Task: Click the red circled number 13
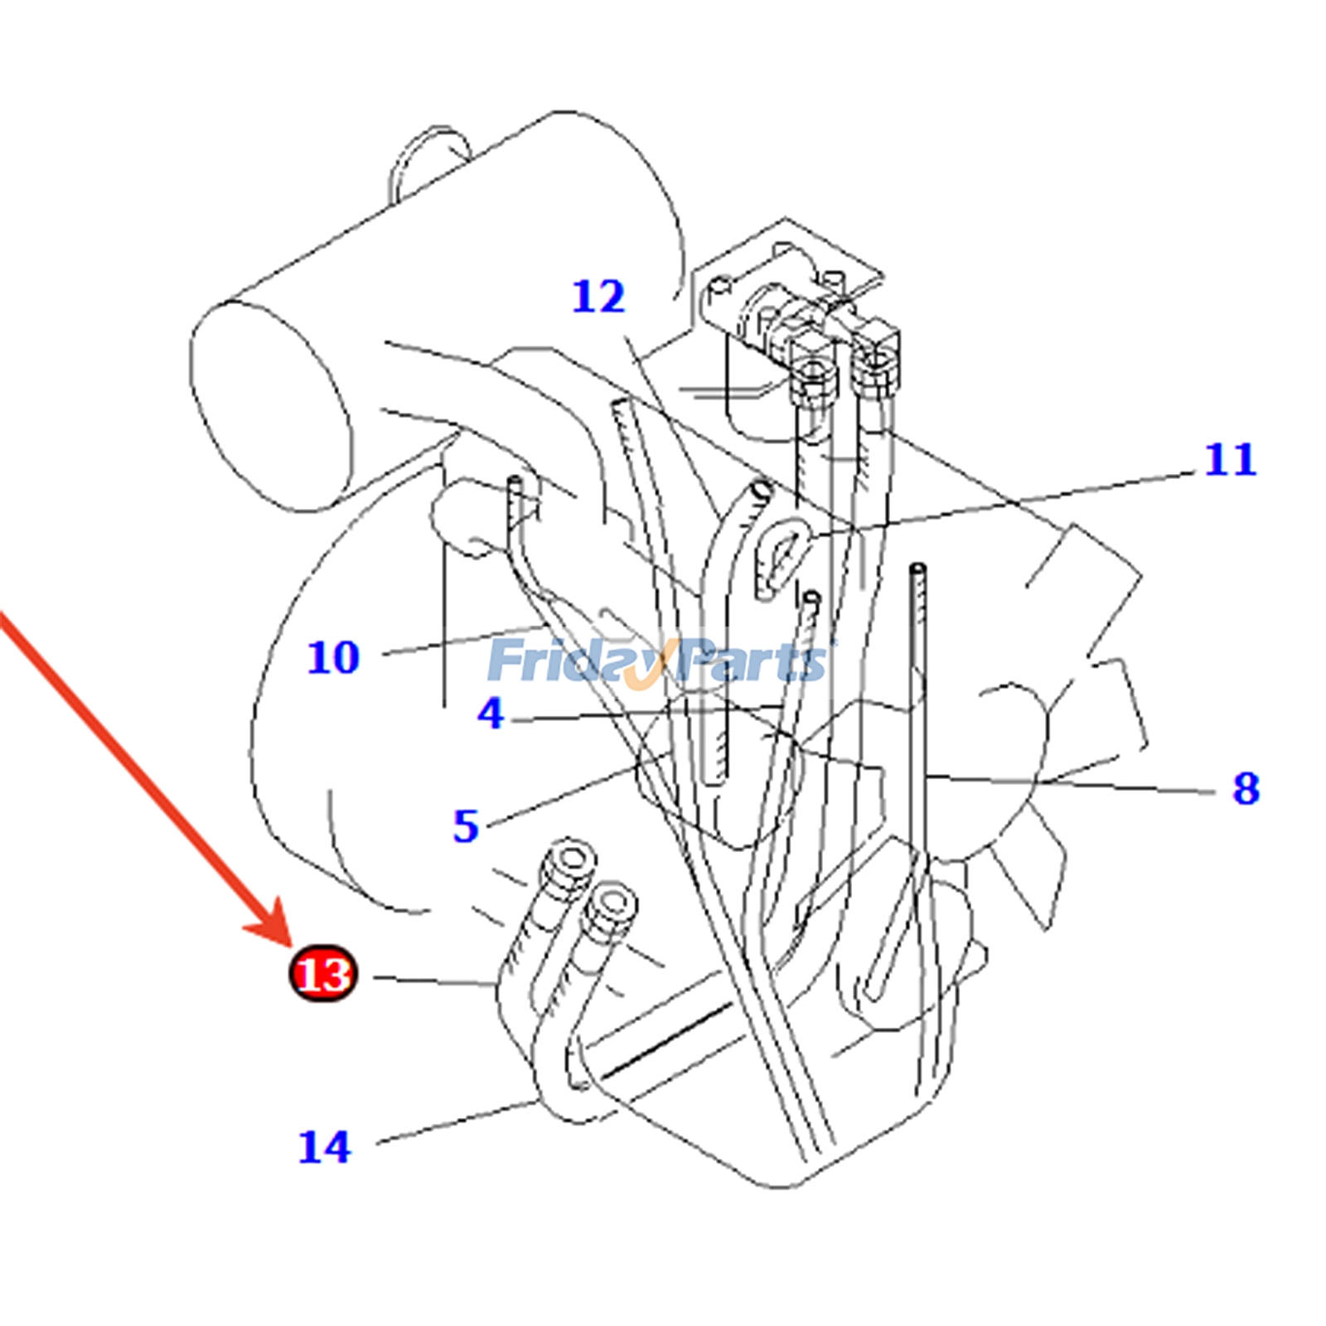(x=323, y=973)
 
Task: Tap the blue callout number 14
(x=325, y=1147)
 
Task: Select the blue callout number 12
(x=598, y=296)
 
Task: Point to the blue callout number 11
(x=1231, y=459)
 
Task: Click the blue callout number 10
(x=333, y=657)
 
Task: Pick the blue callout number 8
(x=1246, y=788)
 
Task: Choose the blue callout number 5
(x=466, y=826)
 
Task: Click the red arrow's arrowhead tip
(x=290, y=946)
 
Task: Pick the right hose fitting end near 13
(x=611, y=907)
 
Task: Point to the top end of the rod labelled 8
(x=917, y=569)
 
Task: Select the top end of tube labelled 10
(x=515, y=482)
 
